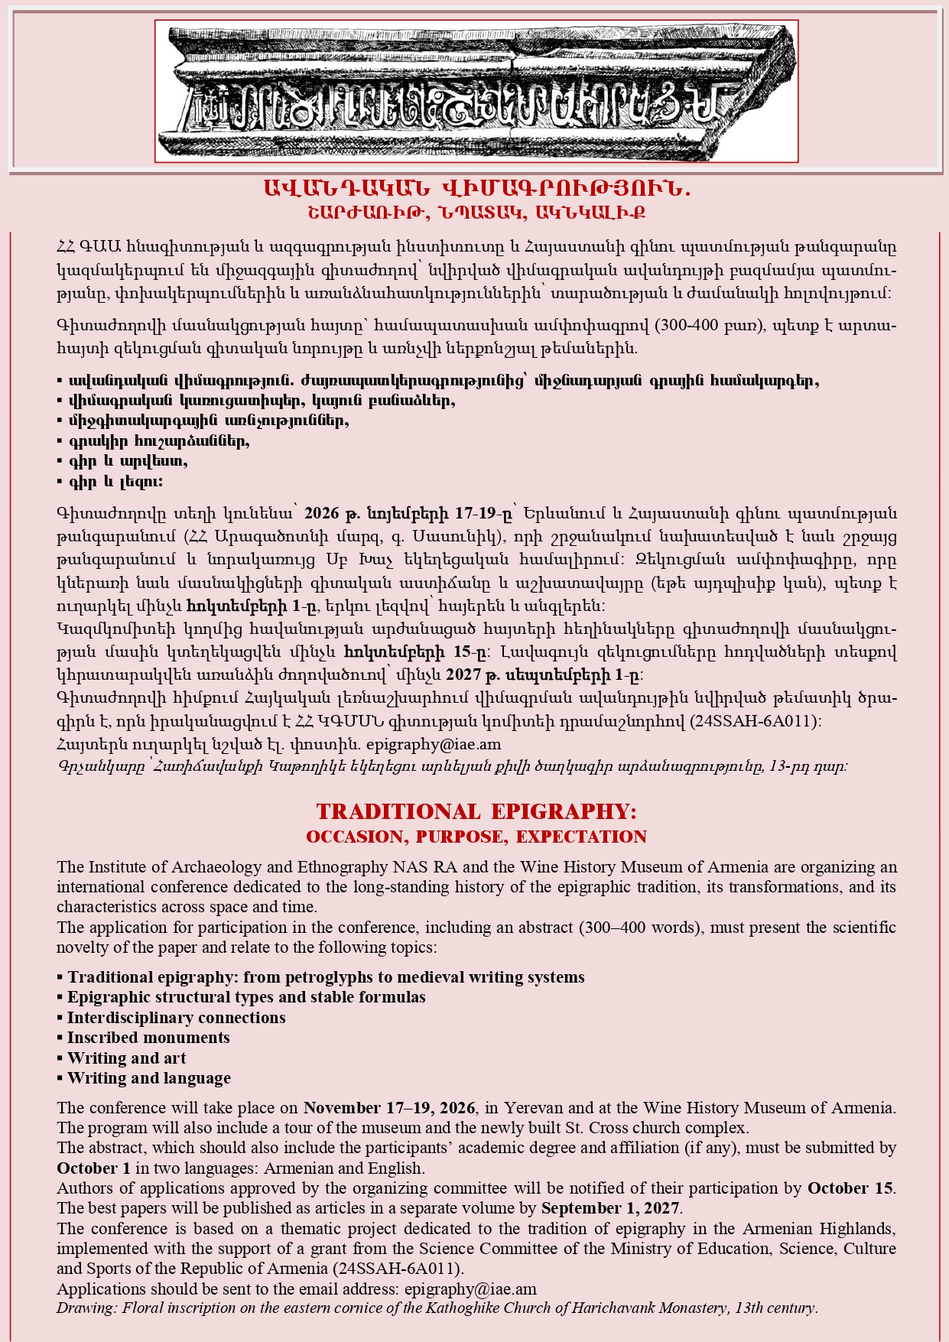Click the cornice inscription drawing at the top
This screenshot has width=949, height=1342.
click(x=476, y=91)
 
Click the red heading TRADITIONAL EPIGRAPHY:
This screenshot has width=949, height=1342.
click(x=476, y=811)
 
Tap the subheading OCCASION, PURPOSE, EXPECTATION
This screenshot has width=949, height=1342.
click(x=476, y=837)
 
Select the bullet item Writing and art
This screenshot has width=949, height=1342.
click(x=126, y=1058)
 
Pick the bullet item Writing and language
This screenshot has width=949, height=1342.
click(x=148, y=1078)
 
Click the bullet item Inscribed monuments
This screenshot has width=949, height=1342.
click(x=148, y=1038)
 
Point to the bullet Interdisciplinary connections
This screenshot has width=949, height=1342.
click(x=176, y=1018)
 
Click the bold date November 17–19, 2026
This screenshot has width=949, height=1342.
click(x=390, y=1108)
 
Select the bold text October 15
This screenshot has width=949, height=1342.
click(x=850, y=1188)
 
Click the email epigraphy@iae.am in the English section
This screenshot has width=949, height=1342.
click(x=470, y=1288)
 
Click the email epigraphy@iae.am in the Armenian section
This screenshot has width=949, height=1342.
click(x=434, y=744)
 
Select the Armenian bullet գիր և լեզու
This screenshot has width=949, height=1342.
click(x=115, y=482)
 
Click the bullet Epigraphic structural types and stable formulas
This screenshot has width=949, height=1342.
click(x=246, y=997)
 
